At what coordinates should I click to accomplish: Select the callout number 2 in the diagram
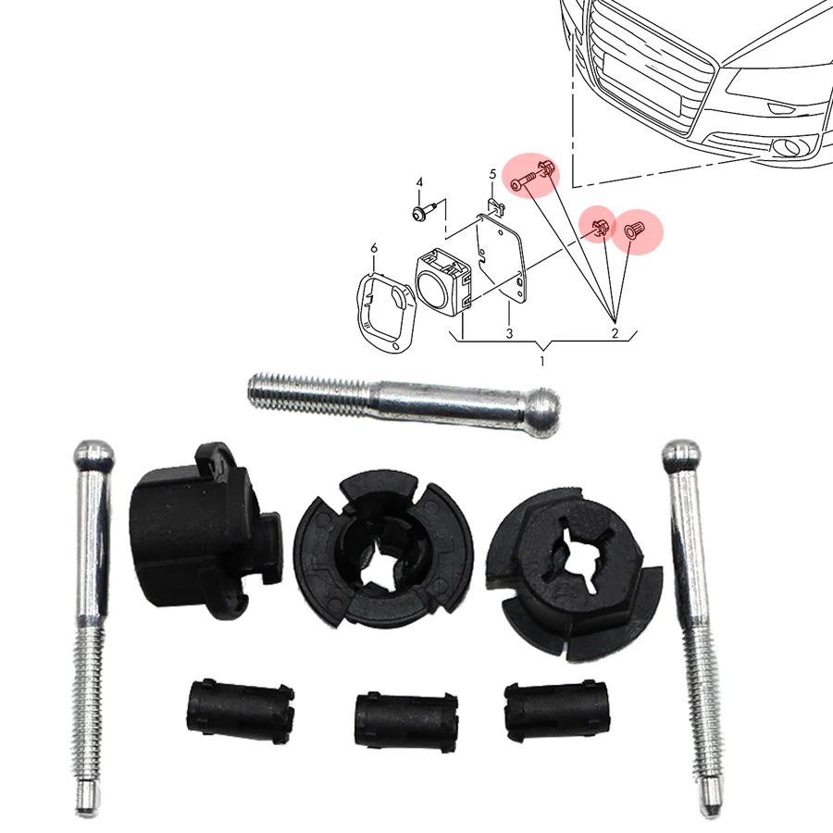click(614, 332)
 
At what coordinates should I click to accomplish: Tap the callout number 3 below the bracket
click(508, 332)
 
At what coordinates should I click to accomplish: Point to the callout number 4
click(419, 182)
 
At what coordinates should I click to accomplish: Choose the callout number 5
click(492, 174)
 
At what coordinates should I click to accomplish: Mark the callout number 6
click(373, 248)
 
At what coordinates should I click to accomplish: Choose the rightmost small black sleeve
click(541, 713)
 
